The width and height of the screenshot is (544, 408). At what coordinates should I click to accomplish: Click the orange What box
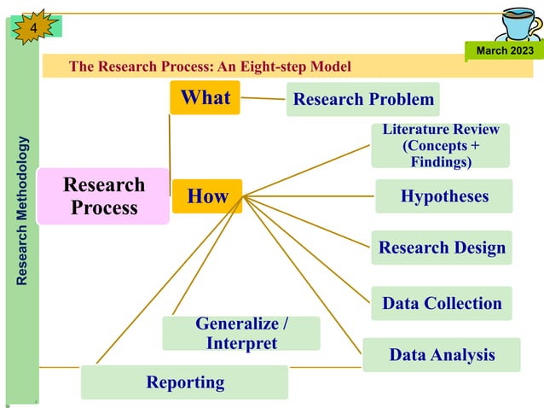(x=205, y=97)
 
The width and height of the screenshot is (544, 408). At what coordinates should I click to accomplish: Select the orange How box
(x=207, y=197)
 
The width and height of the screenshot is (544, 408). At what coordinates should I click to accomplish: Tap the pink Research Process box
(x=103, y=196)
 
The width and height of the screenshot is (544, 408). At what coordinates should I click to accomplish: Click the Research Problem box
(x=363, y=100)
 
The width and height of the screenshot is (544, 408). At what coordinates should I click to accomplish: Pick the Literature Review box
(x=440, y=145)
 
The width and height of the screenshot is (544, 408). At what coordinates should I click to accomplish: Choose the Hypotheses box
(x=444, y=196)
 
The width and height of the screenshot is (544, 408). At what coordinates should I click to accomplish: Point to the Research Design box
(x=442, y=248)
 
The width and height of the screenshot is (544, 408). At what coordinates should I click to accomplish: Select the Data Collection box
(x=442, y=303)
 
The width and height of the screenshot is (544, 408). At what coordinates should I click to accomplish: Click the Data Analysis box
(x=441, y=354)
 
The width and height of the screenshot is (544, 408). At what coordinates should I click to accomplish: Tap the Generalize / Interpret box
(x=241, y=333)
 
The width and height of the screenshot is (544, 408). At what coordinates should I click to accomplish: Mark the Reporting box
(x=184, y=382)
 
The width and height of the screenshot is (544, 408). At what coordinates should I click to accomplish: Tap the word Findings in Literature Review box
(x=440, y=162)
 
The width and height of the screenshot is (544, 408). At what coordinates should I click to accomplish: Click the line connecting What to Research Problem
(x=263, y=98)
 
